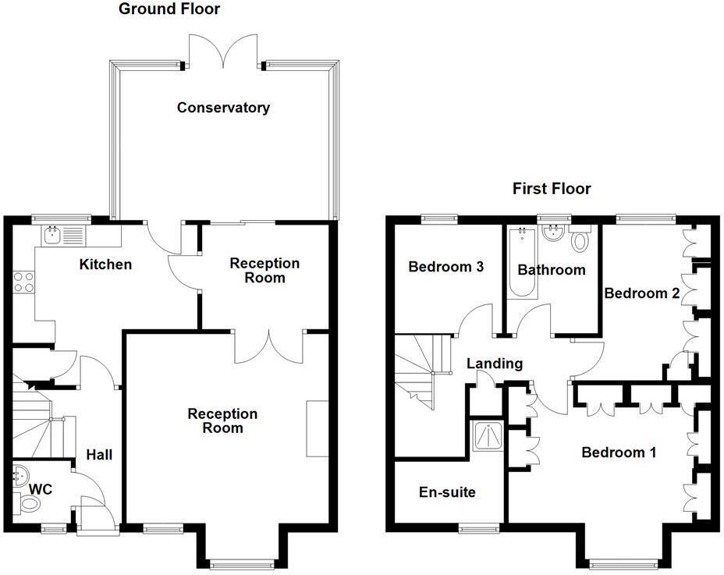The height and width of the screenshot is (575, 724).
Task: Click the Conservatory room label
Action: [x=223, y=108]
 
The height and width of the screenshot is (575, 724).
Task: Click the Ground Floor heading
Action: [x=169, y=9]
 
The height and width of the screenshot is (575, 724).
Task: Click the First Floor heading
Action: [x=551, y=189]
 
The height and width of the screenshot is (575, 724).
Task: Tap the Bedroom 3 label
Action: [x=446, y=267]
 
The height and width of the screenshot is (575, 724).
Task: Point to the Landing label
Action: [x=494, y=364]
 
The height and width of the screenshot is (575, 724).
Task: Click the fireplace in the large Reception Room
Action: [x=317, y=428]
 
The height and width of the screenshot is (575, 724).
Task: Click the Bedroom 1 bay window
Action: [x=623, y=563]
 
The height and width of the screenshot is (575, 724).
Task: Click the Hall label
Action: [x=99, y=454]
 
